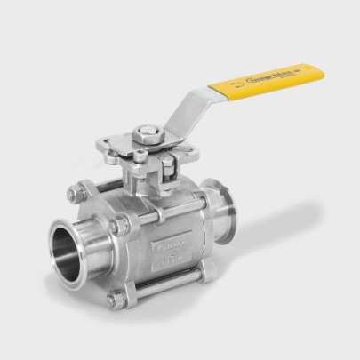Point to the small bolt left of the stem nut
coord(140,156)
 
